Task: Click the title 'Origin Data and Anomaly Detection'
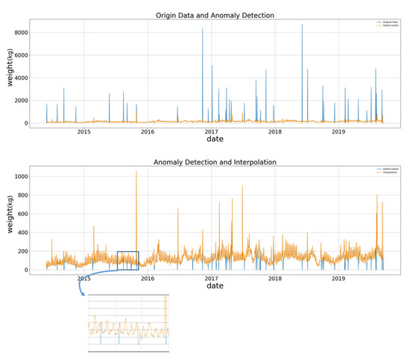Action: (x=215, y=15)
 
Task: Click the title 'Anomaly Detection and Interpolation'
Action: (x=215, y=162)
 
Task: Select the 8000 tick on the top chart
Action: (x=20, y=33)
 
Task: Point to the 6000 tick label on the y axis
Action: (x=20, y=55)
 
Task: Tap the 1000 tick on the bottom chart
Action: (x=19, y=177)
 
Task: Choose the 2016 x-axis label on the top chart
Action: (x=148, y=132)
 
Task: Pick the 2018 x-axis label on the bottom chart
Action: (x=275, y=279)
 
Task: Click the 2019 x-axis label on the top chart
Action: (x=338, y=132)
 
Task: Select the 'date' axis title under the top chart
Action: (x=215, y=139)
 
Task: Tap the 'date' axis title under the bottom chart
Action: (x=215, y=285)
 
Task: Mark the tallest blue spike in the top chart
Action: (x=302, y=26)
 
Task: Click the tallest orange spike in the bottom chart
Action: (x=136, y=173)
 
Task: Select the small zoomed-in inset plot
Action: (x=128, y=322)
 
